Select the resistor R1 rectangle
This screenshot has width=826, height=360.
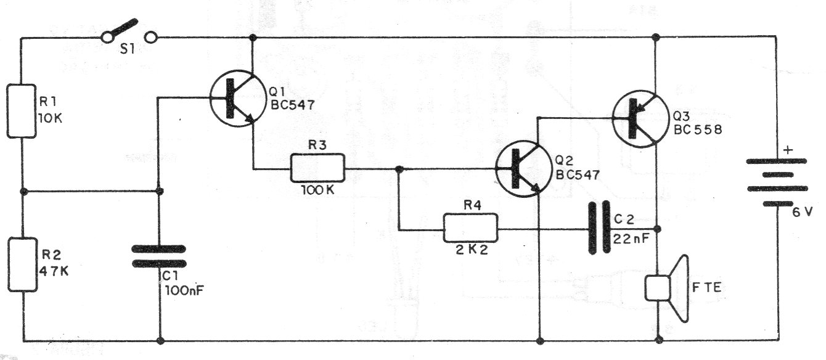click(x=22, y=111)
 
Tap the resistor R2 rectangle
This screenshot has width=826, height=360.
click(x=23, y=264)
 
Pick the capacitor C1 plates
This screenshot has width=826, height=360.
click(x=159, y=256)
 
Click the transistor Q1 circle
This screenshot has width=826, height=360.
click(x=238, y=99)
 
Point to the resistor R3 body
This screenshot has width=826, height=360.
click(x=317, y=168)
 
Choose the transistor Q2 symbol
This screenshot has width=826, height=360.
click(x=523, y=169)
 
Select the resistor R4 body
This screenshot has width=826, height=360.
click(x=470, y=228)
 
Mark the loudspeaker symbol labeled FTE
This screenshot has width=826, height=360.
click(x=667, y=288)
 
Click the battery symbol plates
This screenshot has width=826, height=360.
click(x=777, y=182)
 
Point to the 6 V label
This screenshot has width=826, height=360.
click(x=803, y=211)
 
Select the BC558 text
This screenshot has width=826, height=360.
click(x=698, y=129)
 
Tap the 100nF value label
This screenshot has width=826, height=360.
click(x=184, y=291)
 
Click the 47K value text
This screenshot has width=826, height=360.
click(x=54, y=271)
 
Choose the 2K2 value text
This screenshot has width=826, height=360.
click(x=472, y=250)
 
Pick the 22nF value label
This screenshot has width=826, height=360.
click(x=631, y=239)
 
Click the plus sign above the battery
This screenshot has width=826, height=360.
click(x=788, y=150)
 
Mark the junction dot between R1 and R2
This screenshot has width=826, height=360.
click(x=23, y=192)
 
